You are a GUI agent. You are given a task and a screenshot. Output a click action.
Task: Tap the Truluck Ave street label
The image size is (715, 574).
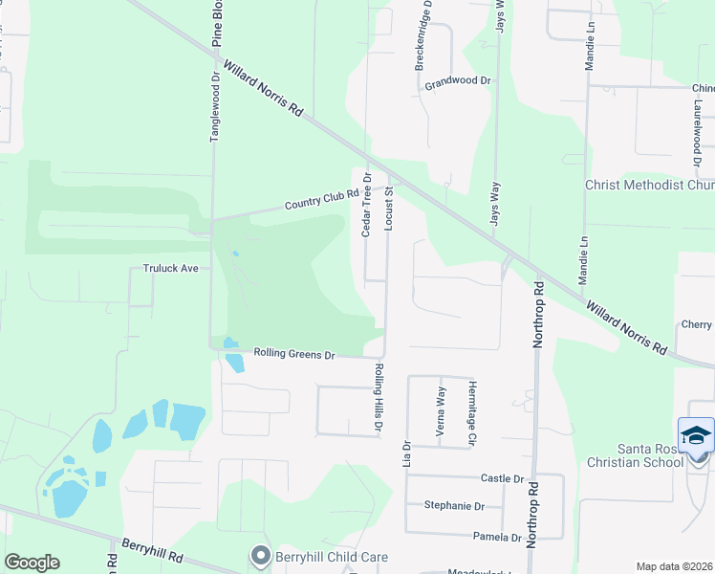(171, 269)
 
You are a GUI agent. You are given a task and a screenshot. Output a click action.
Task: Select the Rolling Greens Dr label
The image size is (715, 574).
(294, 354)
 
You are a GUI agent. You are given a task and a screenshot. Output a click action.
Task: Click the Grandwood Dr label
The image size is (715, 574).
(458, 81)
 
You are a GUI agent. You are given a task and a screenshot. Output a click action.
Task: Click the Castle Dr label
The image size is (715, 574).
(504, 477)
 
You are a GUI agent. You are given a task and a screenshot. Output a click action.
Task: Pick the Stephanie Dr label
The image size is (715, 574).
(454, 506)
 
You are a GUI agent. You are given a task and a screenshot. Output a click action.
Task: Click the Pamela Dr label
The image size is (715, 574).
(502, 538)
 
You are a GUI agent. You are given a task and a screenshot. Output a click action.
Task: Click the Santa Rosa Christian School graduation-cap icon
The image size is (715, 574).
(696, 435)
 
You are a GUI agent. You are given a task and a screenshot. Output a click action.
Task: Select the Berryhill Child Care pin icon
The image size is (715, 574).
(259, 555)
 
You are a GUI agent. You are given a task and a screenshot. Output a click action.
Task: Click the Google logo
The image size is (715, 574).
(32, 563)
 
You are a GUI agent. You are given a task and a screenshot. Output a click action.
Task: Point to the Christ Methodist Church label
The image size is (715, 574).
(649, 185)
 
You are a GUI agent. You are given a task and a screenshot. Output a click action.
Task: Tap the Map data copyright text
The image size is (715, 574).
(673, 566)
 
